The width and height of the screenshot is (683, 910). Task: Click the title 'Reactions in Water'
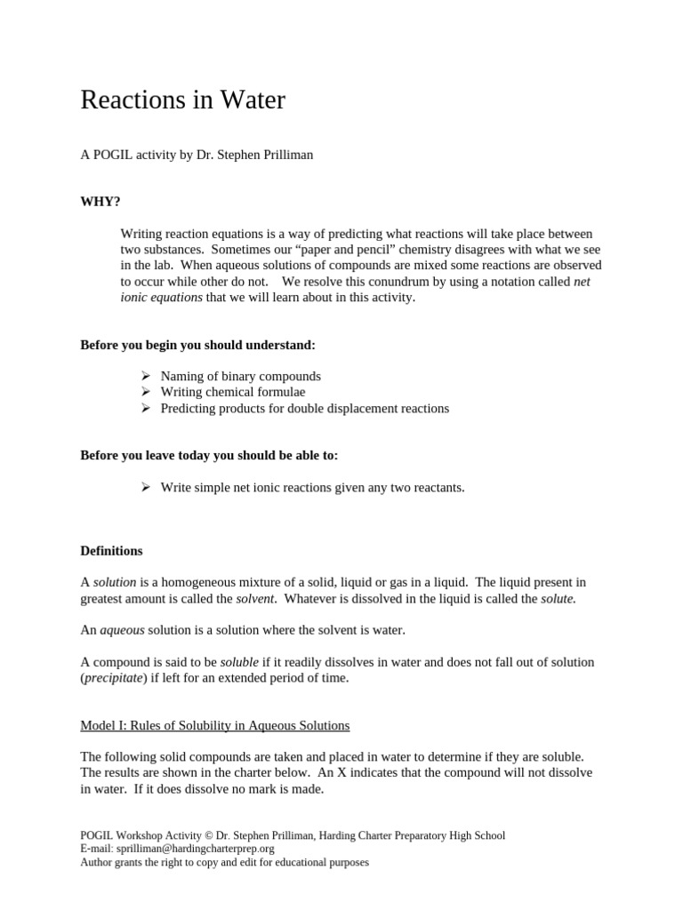click(x=182, y=100)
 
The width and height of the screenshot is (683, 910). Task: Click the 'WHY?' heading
click(x=100, y=202)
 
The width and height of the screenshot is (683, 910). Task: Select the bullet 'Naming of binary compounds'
click(x=240, y=376)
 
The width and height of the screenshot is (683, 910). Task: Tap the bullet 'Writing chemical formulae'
click(x=232, y=392)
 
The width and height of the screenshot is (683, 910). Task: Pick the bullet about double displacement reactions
click(x=304, y=409)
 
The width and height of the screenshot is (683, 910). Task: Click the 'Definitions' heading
click(x=111, y=551)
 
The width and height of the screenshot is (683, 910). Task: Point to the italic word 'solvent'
click(x=255, y=599)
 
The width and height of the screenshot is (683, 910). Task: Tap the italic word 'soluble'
click(x=239, y=662)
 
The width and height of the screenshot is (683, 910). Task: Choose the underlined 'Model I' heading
click(x=214, y=725)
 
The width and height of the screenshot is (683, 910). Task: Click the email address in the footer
click(x=189, y=849)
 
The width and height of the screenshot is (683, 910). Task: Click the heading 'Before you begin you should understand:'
click(x=197, y=345)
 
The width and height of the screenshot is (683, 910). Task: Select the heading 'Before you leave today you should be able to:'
click(x=209, y=456)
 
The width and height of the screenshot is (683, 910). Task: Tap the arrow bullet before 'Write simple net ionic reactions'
click(x=147, y=487)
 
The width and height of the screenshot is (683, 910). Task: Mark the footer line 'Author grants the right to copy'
click(x=224, y=862)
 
